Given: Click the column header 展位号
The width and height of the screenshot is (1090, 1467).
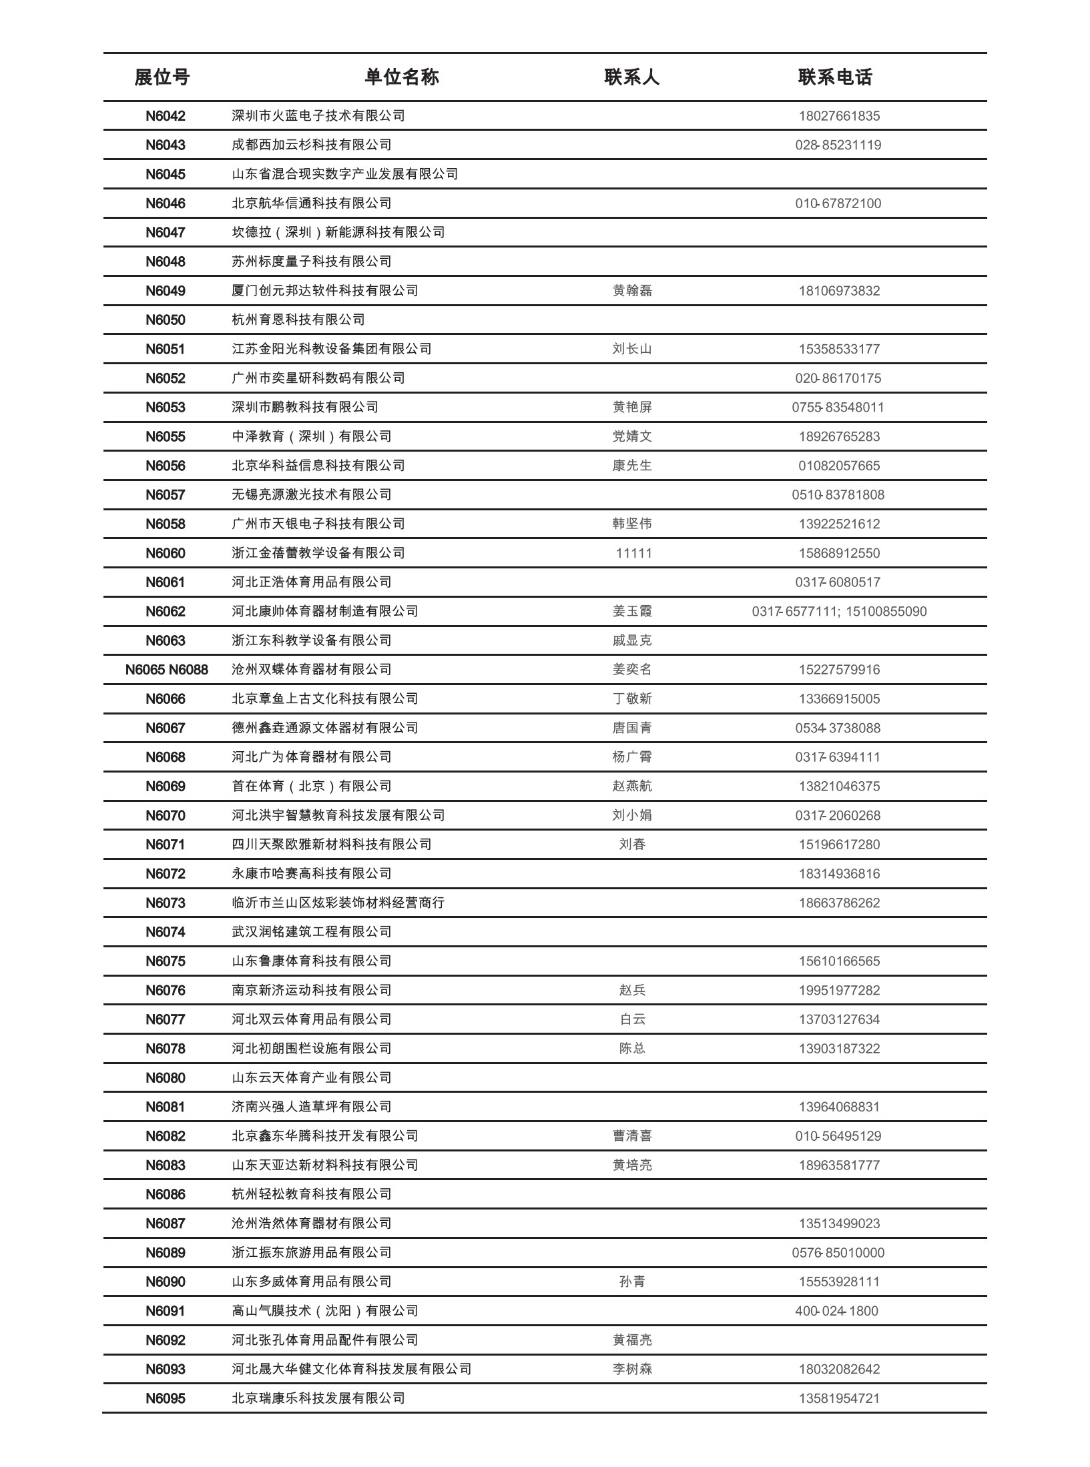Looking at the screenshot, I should (x=162, y=77).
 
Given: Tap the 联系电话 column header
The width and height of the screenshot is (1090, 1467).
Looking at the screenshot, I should (x=835, y=77).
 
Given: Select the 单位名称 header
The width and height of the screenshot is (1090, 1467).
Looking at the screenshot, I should (x=402, y=77).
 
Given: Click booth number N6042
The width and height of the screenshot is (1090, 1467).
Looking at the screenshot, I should (x=166, y=116).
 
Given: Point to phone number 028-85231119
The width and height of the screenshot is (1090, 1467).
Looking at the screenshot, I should (x=838, y=145).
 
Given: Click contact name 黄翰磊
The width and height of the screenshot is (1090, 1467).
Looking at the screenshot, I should (x=632, y=291).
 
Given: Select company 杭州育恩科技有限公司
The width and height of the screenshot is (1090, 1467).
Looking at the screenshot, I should (x=298, y=320).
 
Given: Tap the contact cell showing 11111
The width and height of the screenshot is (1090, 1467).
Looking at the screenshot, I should (x=633, y=553).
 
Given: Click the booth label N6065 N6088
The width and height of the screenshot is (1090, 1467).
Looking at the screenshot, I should (x=167, y=670).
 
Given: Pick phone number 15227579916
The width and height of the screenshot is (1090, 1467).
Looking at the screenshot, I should (x=839, y=670).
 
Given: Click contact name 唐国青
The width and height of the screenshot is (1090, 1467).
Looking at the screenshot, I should (x=632, y=728).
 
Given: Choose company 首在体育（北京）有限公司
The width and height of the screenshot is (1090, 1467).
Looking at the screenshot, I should (x=312, y=787).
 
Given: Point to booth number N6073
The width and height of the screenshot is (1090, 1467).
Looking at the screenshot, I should (x=166, y=903).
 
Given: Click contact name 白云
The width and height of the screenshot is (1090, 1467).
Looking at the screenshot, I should (x=632, y=1019).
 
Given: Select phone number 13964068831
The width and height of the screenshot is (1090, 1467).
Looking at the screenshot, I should (x=839, y=1107).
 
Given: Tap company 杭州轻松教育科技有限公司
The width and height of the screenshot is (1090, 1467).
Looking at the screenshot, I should (x=312, y=1194).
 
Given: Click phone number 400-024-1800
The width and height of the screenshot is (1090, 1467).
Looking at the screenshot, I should (x=836, y=1311).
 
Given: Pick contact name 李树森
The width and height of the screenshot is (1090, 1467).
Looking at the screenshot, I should (x=632, y=1369).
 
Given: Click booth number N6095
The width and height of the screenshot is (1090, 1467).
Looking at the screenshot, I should (x=166, y=1398).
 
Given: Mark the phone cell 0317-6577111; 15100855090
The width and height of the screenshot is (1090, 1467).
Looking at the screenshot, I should (x=839, y=612).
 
